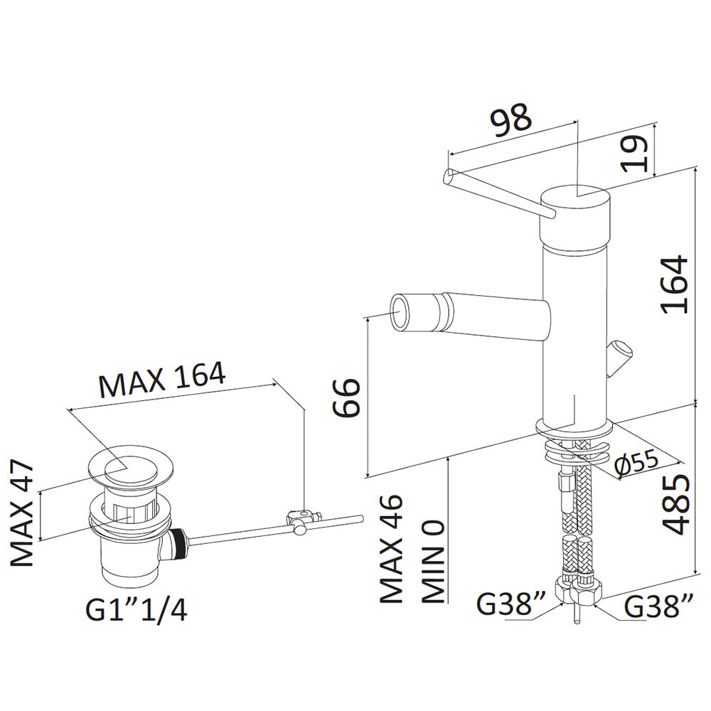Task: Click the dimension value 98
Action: click(511, 120)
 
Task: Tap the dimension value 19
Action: click(635, 154)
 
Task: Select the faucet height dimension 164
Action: click(675, 284)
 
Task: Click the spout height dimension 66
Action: click(346, 397)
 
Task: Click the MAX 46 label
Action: click(391, 548)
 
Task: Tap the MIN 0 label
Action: click(434, 562)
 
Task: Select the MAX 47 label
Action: click(22, 513)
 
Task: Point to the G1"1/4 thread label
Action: click(136, 609)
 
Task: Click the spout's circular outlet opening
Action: click(400, 311)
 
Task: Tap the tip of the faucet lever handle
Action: click(449, 175)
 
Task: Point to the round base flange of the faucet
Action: click(574, 427)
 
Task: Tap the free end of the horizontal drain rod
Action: click(360, 518)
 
